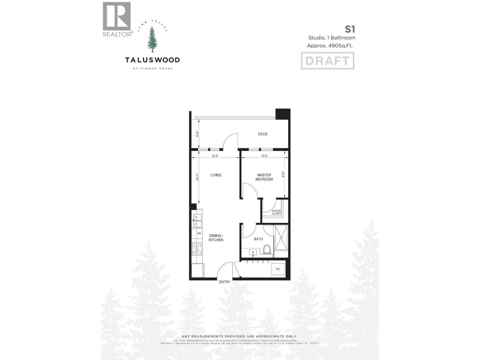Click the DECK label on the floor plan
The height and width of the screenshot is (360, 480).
coord(263,134)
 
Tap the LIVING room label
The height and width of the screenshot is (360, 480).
coord(216,175)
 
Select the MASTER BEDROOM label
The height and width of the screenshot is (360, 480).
coord(264,177)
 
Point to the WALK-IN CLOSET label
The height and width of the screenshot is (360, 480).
coord(276,212)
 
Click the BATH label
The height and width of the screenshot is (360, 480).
coord(258,239)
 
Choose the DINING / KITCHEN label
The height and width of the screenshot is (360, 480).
coord(216,238)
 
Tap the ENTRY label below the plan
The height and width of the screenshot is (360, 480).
coord(225,282)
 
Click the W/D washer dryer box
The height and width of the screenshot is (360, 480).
coord(278,269)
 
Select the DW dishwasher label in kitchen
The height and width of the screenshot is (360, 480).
coord(199,233)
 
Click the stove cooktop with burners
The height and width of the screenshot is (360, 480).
coord(197,249)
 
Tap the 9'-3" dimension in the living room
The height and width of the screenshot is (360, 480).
coord(215,156)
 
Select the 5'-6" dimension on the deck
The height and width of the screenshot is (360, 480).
coord(197,134)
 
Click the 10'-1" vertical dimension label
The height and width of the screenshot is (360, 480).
coord(197,177)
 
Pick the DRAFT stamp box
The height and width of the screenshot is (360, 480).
coord(328,61)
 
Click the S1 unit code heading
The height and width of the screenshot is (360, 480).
coord(350,29)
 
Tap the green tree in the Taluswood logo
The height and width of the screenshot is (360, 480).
coord(152,40)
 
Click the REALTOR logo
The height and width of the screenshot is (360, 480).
coord(117,19)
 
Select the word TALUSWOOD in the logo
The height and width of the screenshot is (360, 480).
coord(152,60)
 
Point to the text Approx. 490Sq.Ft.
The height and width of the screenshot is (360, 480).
coord(330,46)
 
